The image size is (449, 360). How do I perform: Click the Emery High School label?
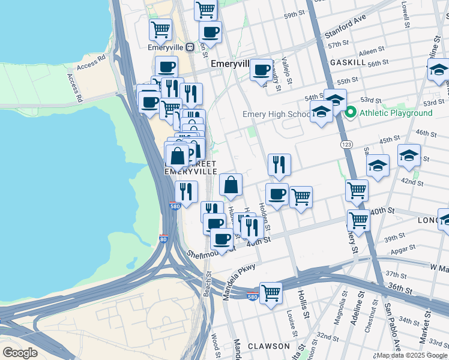(276, 114)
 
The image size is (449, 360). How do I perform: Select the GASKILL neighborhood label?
(348, 62)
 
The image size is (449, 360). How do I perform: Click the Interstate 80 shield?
(164, 238)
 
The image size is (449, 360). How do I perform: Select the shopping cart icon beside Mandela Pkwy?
(271, 293)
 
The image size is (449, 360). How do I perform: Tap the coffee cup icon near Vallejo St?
(262, 70)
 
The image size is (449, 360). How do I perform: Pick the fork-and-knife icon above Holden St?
(279, 164)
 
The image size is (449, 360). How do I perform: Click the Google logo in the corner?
(20, 353)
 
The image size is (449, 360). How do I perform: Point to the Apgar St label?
(405, 247)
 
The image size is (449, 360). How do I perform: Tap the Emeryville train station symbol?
(190, 46)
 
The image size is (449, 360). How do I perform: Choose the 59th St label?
(295, 14)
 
